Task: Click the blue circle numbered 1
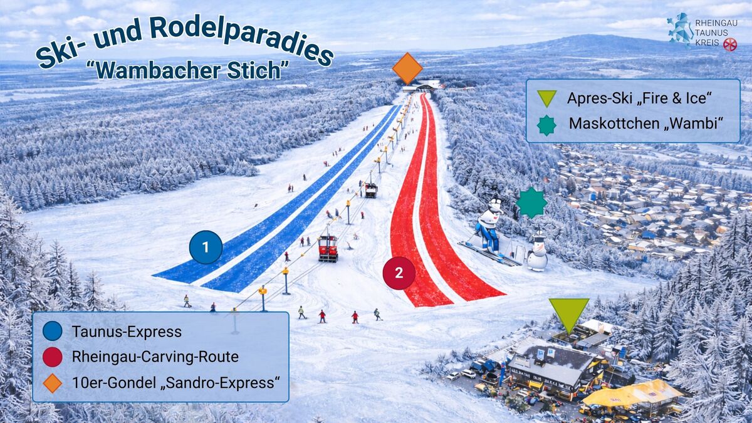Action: coord(206,247)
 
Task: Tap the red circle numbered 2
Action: coord(399,273)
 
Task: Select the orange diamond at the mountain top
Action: coord(407,68)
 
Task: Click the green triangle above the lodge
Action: coord(569,314)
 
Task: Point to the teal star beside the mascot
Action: coord(531,203)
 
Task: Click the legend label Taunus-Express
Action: coord(127,332)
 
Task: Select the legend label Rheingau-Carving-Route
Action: coord(155,357)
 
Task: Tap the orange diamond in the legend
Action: coord(53,384)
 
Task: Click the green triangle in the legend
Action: coord(546,98)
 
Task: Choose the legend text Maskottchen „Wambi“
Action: coord(645,123)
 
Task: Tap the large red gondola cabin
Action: coord(328,248)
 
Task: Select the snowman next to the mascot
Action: coord(537,253)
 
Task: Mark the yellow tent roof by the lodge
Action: coord(633,393)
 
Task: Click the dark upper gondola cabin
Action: coord(371,190)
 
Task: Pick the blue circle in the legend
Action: coord(53,331)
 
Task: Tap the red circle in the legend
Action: coord(53,357)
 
